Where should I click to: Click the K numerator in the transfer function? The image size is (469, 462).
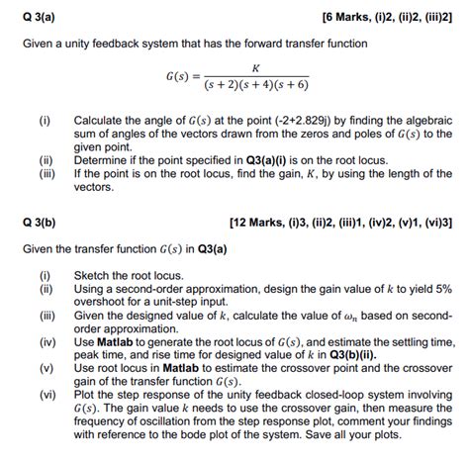[256, 67]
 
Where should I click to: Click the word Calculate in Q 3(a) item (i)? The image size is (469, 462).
[99, 120]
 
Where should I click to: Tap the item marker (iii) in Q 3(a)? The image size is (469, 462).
[45, 171]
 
